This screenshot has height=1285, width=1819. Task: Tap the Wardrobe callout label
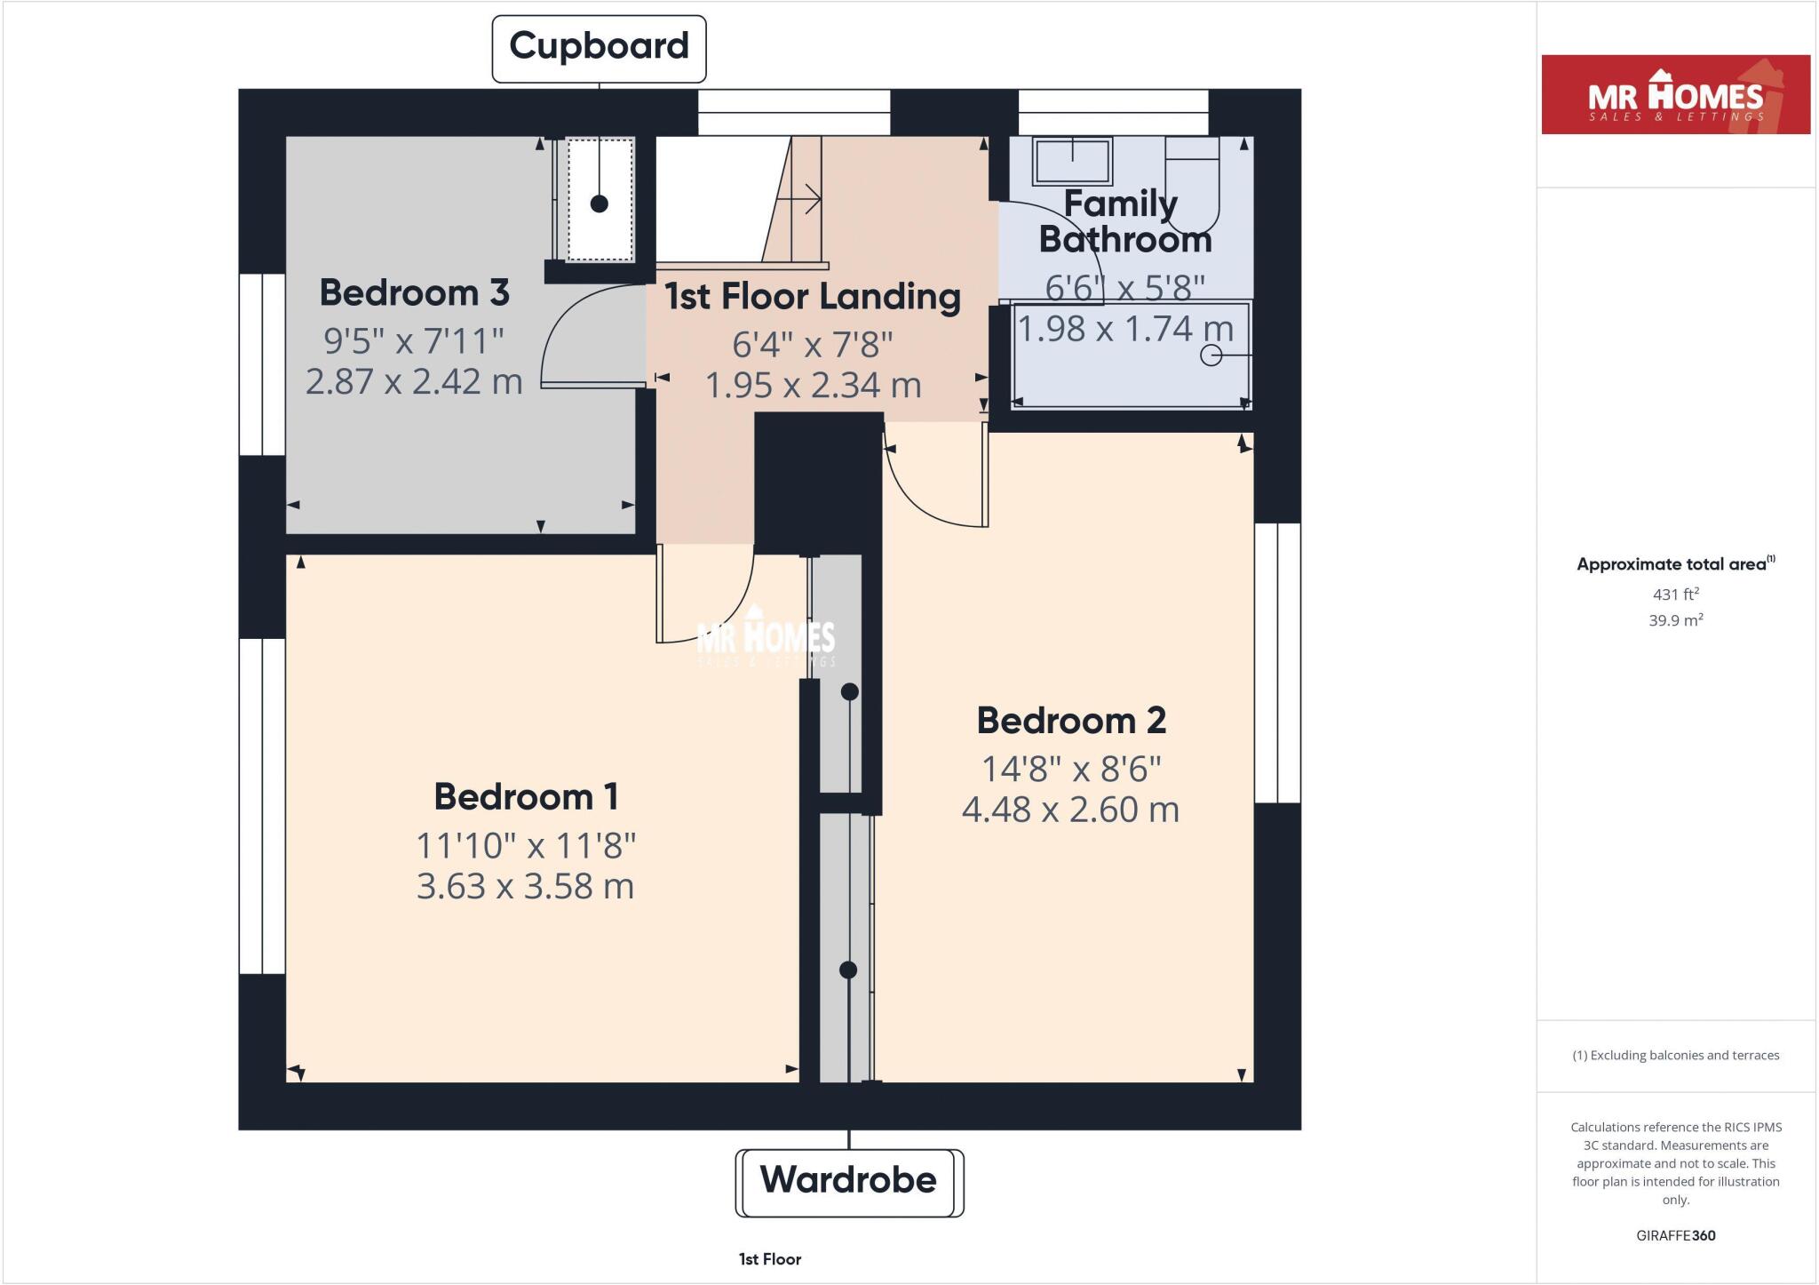click(848, 1181)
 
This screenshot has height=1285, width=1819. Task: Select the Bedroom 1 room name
click(526, 797)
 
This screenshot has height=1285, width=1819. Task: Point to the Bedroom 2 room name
click(1071, 721)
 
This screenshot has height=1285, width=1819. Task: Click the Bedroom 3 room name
click(414, 293)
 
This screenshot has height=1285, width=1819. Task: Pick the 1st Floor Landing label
click(812, 297)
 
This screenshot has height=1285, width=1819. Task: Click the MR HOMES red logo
click(1675, 95)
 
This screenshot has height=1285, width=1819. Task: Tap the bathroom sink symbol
click(1072, 161)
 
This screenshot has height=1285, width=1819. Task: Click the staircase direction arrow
click(808, 199)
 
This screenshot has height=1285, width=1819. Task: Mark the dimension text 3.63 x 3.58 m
click(525, 887)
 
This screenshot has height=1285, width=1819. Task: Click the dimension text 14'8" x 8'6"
click(1071, 769)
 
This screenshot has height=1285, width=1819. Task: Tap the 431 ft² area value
click(1675, 595)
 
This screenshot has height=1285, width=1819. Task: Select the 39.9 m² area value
click(1675, 621)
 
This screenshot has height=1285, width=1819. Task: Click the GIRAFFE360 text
click(1675, 1235)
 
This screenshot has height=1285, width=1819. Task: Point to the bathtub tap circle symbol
click(1211, 355)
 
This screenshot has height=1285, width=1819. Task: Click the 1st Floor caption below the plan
click(770, 1259)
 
